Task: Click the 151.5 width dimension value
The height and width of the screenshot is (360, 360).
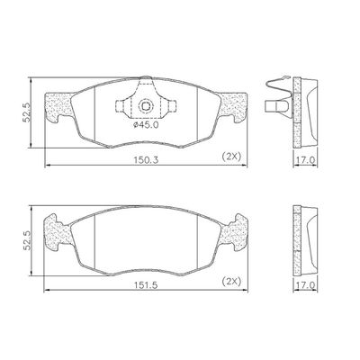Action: click(x=147, y=285)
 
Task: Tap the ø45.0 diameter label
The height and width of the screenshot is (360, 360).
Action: click(x=146, y=125)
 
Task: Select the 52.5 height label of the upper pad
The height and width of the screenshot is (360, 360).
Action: click(x=27, y=112)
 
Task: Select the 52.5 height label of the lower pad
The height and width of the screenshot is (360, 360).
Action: click(x=27, y=240)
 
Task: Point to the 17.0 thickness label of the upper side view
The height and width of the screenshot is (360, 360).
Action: click(x=305, y=160)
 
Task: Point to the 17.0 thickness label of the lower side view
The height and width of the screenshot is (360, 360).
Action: click(x=305, y=285)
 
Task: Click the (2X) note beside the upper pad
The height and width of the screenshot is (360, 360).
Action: click(x=231, y=157)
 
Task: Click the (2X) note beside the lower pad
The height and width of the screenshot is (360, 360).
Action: click(x=231, y=282)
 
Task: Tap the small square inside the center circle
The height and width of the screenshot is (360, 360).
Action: click(x=146, y=105)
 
